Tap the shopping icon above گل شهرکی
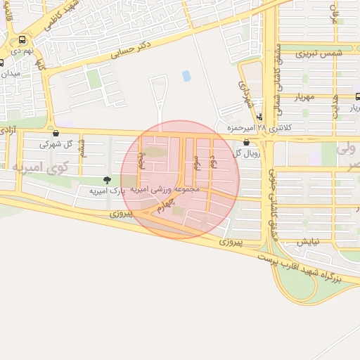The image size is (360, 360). (56, 132)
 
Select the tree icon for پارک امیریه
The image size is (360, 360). (107, 180)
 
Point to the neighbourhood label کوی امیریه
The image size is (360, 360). (40, 167)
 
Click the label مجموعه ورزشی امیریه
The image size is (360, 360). (165, 190)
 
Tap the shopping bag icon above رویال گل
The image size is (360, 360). (245, 142)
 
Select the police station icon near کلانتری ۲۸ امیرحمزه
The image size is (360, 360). (259, 117)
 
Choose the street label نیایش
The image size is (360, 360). (307, 241)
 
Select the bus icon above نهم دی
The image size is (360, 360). (23, 40)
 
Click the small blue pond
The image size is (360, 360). (186, 76)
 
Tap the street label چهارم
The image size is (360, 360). (163, 205)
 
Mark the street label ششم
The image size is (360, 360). (82, 147)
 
